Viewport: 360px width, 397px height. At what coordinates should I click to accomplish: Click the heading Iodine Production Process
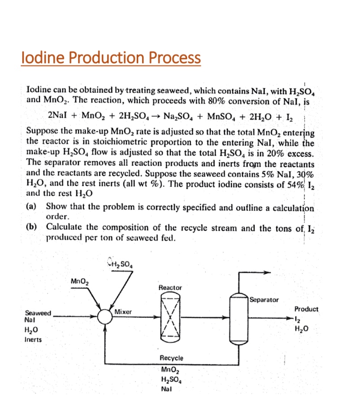(x=111, y=57)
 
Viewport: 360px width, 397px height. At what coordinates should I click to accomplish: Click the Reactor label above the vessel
(x=170, y=287)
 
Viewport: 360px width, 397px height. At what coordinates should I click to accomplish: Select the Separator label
(x=265, y=299)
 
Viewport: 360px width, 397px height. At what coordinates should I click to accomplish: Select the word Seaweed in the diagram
(x=38, y=313)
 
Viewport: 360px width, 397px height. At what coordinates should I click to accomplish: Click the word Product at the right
(x=306, y=309)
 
